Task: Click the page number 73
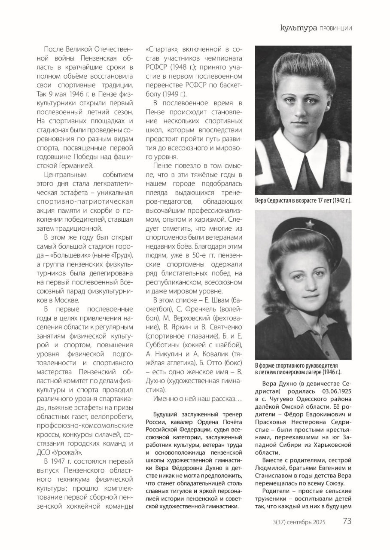click(347, 522)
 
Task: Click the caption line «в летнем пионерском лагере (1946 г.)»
click(299, 372)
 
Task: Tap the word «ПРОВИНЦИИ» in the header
click(335, 29)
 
